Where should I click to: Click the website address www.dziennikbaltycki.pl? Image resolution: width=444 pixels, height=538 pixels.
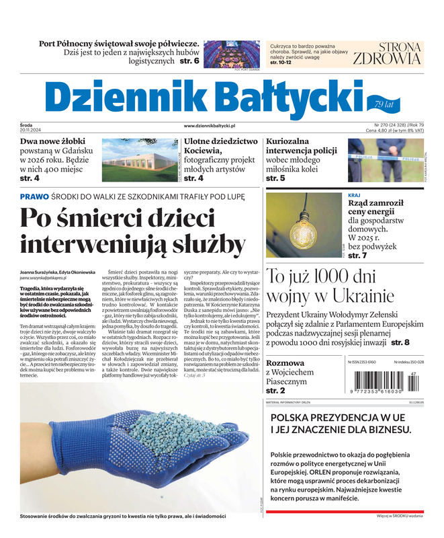pyautogui.click(x=208, y=126)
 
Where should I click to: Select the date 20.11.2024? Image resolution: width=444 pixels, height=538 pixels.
pyautogui.click(x=31, y=130)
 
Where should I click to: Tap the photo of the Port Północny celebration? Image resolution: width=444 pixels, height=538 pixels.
pyautogui.click(x=231, y=52)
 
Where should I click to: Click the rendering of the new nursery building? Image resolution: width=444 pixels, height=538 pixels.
pyautogui.click(x=141, y=161)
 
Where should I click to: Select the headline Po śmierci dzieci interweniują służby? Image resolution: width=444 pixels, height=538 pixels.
pyautogui.click(x=132, y=230)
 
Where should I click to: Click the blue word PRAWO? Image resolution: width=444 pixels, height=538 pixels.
pyautogui.click(x=34, y=196)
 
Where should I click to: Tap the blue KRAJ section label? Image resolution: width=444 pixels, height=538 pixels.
pyautogui.click(x=355, y=196)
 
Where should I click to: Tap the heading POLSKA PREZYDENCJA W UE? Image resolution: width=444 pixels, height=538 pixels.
pyautogui.click(x=338, y=418)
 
